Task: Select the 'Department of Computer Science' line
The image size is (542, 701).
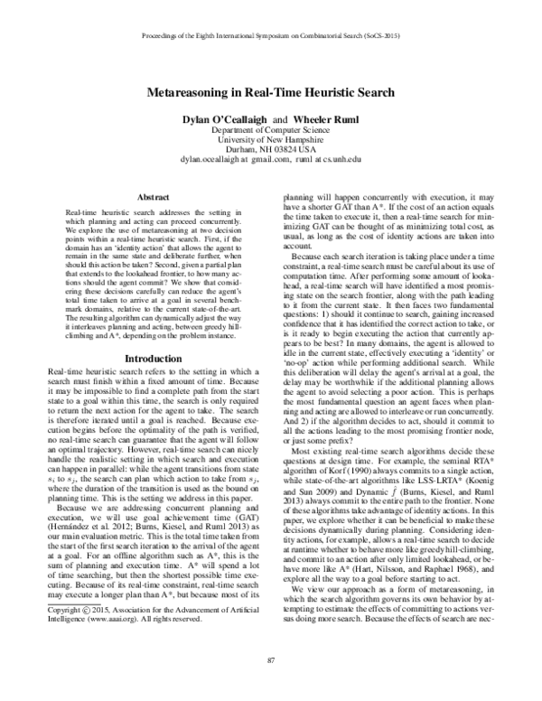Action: (x=271, y=130)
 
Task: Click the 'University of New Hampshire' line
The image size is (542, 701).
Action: (x=271, y=141)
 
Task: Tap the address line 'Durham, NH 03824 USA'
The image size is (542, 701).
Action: (x=271, y=151)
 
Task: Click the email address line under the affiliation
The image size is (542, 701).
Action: (x=271, y=162)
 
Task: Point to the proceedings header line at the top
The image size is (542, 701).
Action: (x=271, y=38)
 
